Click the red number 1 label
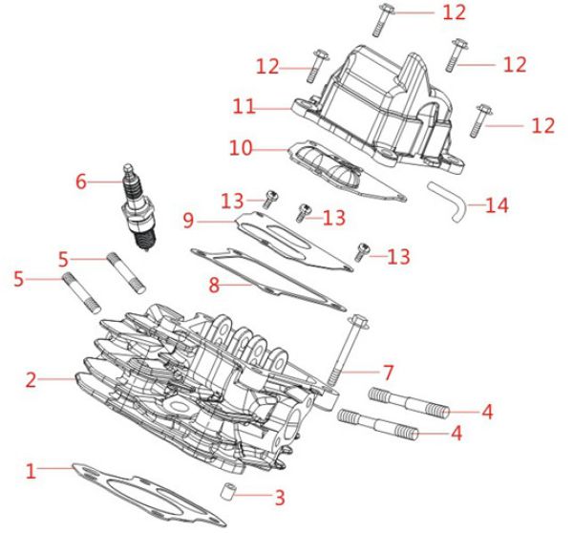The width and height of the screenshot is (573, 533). point(30,470)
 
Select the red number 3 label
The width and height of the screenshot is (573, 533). point(279,497)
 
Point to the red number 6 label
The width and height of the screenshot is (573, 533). point(81,179)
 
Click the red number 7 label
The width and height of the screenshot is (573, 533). point(388,370)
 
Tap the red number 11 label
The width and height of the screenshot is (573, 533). point(244,107)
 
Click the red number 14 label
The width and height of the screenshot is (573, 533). point(497,205)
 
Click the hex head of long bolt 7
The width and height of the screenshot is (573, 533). point(358,322)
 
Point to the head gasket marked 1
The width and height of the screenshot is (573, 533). point(143,489)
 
